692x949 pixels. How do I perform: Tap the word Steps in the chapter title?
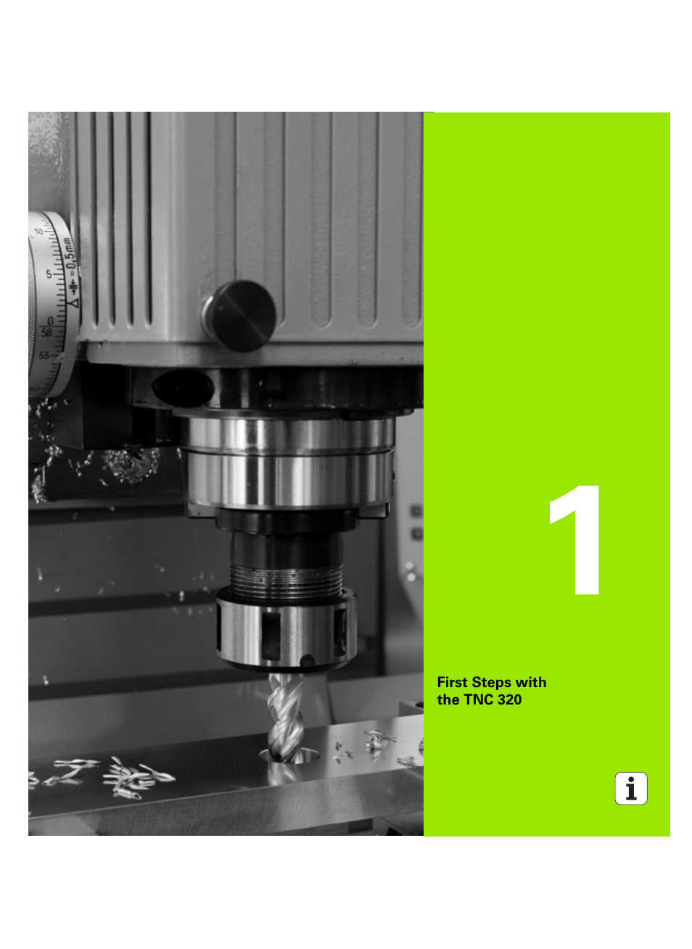491,683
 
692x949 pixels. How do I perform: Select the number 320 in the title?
509,699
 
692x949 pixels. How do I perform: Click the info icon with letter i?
631,789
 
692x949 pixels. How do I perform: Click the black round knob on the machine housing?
240,316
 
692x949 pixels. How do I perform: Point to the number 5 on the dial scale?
49,274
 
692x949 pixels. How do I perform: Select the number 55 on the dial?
44,356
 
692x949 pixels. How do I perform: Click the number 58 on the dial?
46,333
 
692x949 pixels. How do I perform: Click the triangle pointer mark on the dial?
73,301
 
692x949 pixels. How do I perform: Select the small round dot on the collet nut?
308,660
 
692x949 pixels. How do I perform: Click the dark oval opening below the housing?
181,387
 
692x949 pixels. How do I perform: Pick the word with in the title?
530,682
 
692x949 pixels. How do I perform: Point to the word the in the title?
448,699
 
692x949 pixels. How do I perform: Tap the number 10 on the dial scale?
38,231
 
